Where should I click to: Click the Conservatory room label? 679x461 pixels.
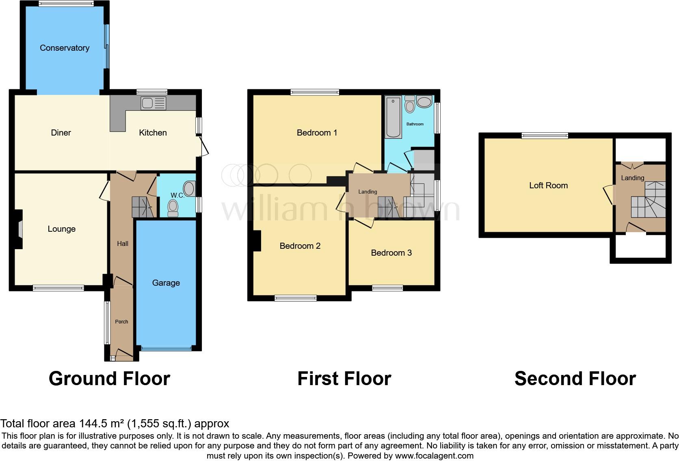[x=65, y=48]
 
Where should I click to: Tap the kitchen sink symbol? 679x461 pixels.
[x=153, y=103]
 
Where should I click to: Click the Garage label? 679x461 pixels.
[x=166, y=283]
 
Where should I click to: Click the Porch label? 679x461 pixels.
[x=121, y=321]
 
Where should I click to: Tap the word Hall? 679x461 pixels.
[x=123, y=243]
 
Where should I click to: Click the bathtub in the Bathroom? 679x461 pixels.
[x=393, y=116]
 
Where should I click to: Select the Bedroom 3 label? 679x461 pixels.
[x=391, y=253]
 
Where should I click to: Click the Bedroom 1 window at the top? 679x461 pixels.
[x=315, y=93]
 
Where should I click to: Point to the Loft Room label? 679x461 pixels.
[x=548, y=185]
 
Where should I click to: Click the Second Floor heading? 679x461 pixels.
[x=575, y=379]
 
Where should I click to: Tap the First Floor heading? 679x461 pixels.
[x=344, y=379]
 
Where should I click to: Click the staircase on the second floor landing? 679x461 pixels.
[x=648, y=201]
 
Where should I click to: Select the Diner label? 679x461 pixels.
[x=61, y=133]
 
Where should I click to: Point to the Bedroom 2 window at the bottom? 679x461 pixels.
[x=295, y=298]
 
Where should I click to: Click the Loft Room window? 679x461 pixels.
[x=545, y=136]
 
